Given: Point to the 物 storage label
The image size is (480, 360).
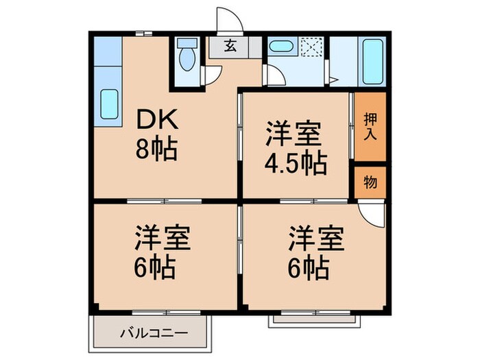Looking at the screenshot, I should click(370, 182).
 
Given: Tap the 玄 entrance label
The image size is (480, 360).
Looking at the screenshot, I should click(230, 47).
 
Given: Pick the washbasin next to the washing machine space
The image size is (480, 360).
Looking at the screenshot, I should click(280, 47).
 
